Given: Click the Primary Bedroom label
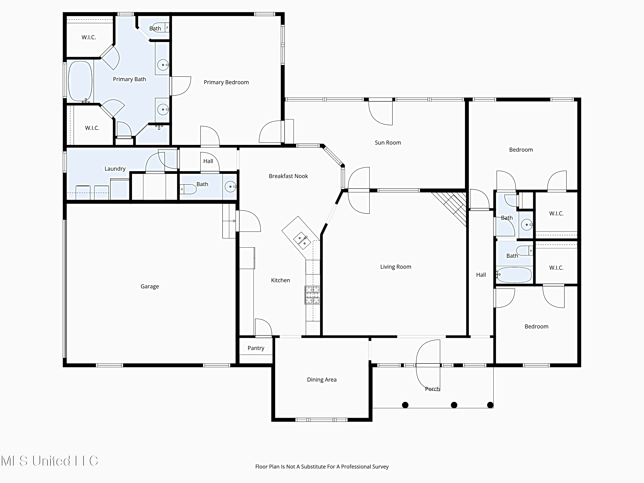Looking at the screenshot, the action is pos(226,82).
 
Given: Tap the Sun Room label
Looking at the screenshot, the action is pos(388,143).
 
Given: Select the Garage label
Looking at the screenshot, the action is pos(150,287).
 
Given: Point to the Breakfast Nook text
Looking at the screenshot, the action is pos(288,176).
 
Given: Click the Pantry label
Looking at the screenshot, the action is pos(256,348).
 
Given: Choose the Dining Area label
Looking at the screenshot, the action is pos(322,380).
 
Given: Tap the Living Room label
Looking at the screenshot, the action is pos(396,267).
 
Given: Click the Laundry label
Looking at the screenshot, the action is pos(115,169).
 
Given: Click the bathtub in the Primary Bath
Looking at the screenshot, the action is pos(80,81).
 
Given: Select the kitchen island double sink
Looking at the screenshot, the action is pos(302,240).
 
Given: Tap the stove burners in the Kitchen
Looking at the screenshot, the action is pos(312,295).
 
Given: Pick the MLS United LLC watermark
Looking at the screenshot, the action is pos(50,461).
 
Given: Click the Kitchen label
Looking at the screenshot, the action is pos(280,280).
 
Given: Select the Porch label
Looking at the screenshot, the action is pos(432,389).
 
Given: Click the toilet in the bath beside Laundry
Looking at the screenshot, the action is pos(188,189).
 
